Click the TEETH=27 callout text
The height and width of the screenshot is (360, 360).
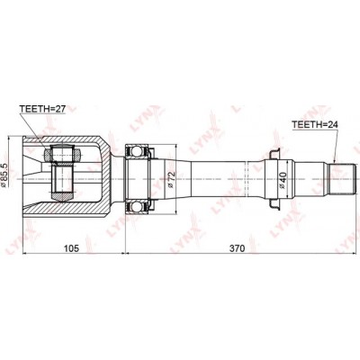coord(42,109)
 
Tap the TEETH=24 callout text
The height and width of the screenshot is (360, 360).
coord(315,124)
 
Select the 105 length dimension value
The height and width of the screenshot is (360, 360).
coord(71,248)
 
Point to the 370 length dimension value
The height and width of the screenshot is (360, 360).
coord(237,248)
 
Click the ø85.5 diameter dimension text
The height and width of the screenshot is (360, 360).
coord(4,175)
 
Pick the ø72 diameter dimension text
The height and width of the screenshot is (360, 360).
coord(171,179)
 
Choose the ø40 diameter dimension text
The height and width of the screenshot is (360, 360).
coord(283,180)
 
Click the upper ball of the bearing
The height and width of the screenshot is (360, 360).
coord(137,150)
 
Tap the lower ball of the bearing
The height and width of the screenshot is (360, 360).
coord(137,207)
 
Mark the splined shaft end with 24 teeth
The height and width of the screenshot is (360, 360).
coord(343,179)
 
